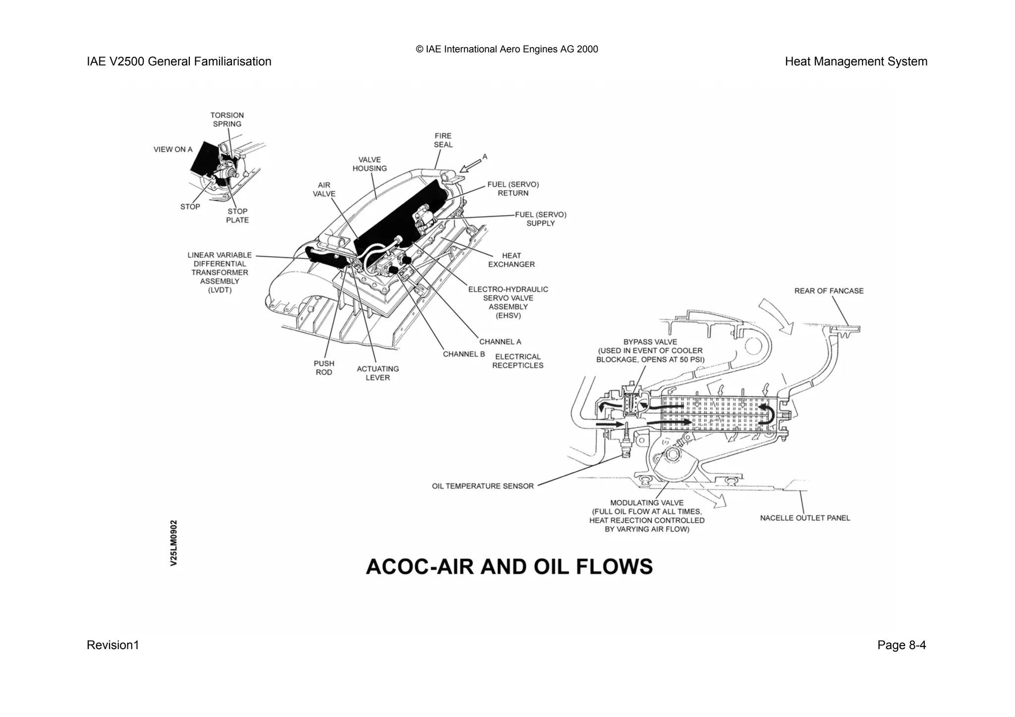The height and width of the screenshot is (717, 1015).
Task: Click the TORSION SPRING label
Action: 227,120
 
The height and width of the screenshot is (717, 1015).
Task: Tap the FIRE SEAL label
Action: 443,140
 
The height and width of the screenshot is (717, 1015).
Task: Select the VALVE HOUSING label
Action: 370,164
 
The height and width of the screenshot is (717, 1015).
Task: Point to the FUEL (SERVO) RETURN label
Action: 513,189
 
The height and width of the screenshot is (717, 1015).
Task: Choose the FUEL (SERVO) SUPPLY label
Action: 541,219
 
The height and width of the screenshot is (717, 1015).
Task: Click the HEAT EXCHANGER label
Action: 511,260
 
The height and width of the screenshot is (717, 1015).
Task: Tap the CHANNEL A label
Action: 500,342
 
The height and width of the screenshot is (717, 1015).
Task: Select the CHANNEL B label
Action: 464,354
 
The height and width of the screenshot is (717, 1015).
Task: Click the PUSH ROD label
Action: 324,368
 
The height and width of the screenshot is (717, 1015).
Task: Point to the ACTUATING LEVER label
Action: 378,373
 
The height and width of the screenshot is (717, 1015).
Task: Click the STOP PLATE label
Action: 237,216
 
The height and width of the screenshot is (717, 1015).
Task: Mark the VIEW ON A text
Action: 173,149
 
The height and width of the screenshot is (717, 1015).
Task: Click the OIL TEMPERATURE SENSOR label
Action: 483,486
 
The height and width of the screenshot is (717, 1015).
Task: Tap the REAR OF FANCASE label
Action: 829,291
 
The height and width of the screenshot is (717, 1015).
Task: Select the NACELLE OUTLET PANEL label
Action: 805,518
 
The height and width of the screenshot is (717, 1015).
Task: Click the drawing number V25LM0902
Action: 173,543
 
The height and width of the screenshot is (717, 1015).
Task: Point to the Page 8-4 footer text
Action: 901,645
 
